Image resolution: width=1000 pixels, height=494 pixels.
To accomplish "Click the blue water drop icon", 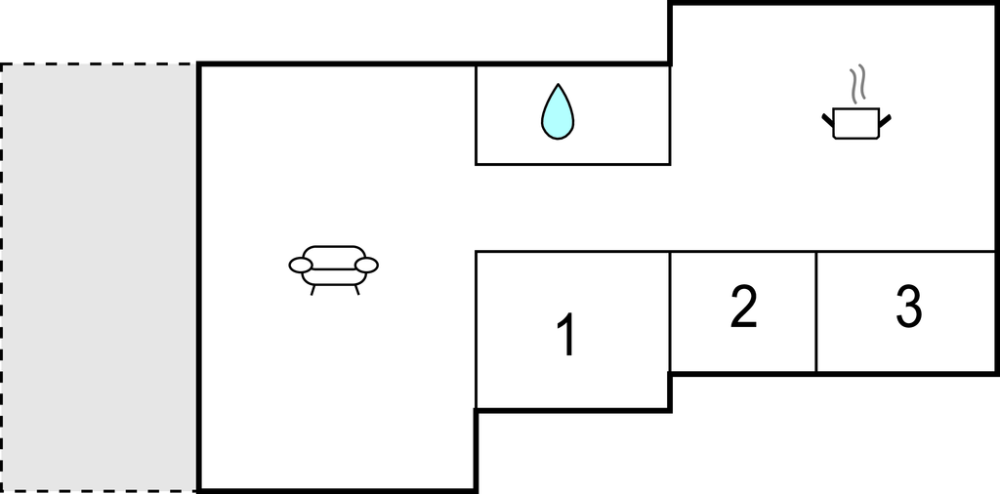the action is pyautogui.click(x=558, y=113).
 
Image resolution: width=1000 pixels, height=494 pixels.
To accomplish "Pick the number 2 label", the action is pyautogui.click(x=743, y=307).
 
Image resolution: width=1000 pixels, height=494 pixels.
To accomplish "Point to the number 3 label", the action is pyautogui.click(x=909, y=307).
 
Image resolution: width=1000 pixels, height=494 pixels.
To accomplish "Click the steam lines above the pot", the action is pyautogui.click(x=858, y=84).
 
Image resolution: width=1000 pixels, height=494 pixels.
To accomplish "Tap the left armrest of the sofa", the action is pyautogui.click(x=301, y=266).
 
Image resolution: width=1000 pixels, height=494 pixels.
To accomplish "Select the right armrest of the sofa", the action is pyautogui.click(x=367, y=266).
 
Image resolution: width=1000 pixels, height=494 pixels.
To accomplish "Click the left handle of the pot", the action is pyautogui.click(x=828, y=120).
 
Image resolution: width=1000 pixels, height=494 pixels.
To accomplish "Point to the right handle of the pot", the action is pyautogui.click(x=885, y=120).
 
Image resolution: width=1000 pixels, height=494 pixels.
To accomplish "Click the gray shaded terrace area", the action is pyautogui.click(x=99, y=277).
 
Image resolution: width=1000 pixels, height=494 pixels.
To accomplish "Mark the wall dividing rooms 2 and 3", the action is pyautogui.click(x=816, y=311).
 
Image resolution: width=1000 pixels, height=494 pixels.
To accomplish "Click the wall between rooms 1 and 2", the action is pyautogui.click(x=670, y=312).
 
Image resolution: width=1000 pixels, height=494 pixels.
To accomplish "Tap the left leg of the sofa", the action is pyautogui.click(x=312, y=290).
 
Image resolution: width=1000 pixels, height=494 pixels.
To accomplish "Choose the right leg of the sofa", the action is pyautogui.click(x=356, y=290).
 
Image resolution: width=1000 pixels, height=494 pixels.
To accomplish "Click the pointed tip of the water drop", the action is pyautogui.click(x=558, y=84).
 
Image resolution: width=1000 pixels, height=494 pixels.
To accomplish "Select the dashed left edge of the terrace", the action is pyautogui.click(x=1, y=277).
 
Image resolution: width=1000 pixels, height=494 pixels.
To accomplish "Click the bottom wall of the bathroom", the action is pyautogui.click(x=572, y=164).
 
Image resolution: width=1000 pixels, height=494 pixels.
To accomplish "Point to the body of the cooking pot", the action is pyautogui.click(x=856, y=123).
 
